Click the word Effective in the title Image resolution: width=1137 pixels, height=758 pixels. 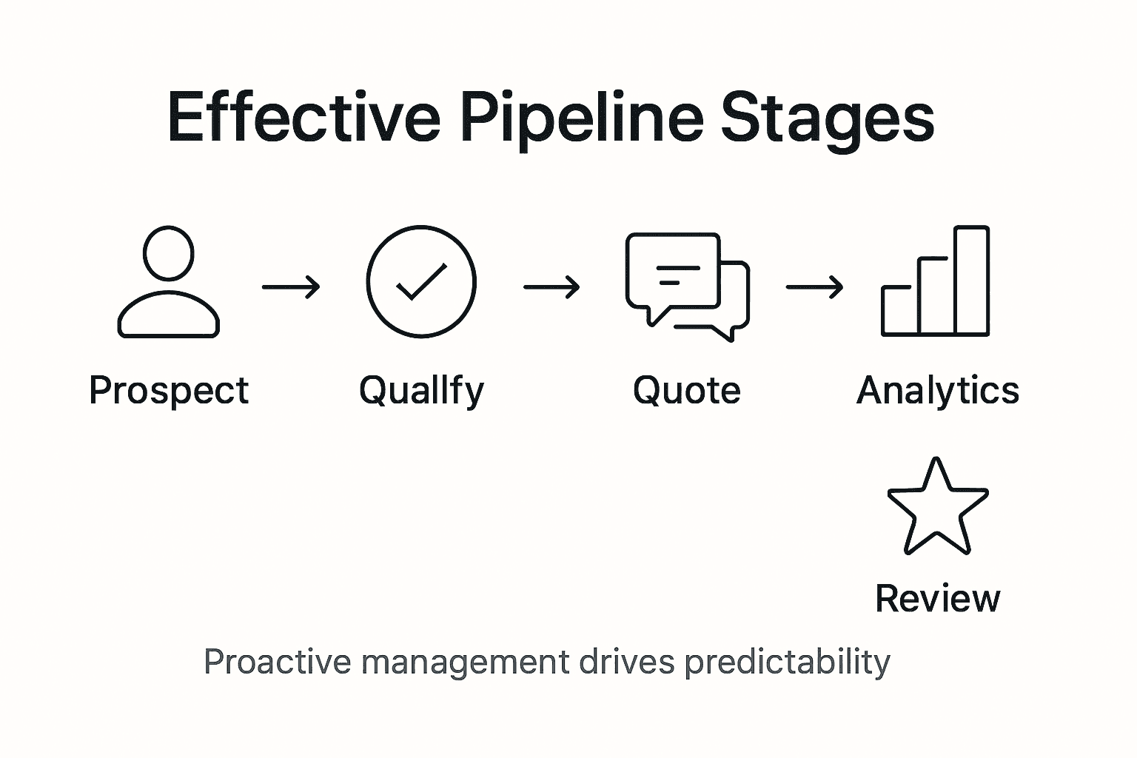point(303,117)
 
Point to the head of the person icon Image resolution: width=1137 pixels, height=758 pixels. point(169,254)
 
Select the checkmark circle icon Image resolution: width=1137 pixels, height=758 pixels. point(421,282)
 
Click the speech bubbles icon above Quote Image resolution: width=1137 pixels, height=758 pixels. point(687,286)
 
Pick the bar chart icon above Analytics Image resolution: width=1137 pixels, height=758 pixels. point(935,282)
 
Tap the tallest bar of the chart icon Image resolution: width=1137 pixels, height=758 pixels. point(971,281)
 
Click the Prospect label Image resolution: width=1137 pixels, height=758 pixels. point(169,390)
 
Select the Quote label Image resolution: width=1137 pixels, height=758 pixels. point(687,390)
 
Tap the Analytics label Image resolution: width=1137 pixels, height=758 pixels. point(937,390)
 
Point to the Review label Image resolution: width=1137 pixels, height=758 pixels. point(937,598)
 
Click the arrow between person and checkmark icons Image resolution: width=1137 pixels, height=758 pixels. point(292,286)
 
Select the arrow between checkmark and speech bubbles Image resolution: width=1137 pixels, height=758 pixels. point(551,286)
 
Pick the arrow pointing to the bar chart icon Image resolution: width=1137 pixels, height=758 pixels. point(814,286)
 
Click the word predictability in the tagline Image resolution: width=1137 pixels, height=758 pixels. point(787,662)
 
